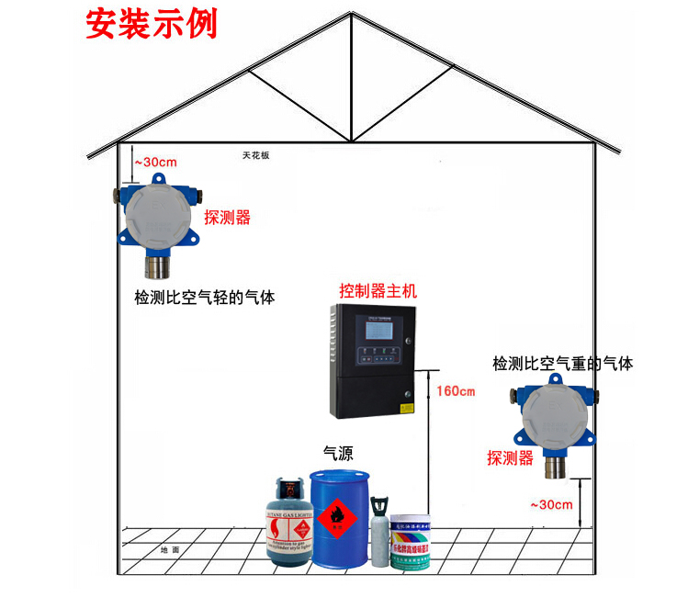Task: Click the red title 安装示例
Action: pos(152,24)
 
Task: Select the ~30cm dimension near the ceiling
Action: pos(155,163)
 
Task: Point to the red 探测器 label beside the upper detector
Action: pos(227,218)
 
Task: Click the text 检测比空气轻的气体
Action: pos(204,298)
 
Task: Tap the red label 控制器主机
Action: pos(378,291)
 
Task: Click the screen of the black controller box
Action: pos(378,328)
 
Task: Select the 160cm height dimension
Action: pos(455,392)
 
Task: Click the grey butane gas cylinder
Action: pos(288,524)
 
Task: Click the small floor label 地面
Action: pos(169,550)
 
